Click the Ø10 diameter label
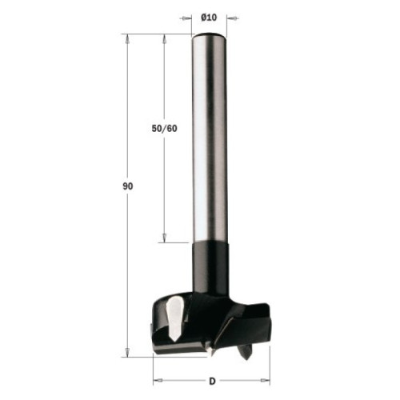click(209, 18)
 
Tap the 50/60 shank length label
click(164, 129)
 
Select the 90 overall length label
click(128, 186)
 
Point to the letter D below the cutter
click(212, 382)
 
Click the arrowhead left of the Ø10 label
click(186, 18)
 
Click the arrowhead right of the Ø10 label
click(232, 18)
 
